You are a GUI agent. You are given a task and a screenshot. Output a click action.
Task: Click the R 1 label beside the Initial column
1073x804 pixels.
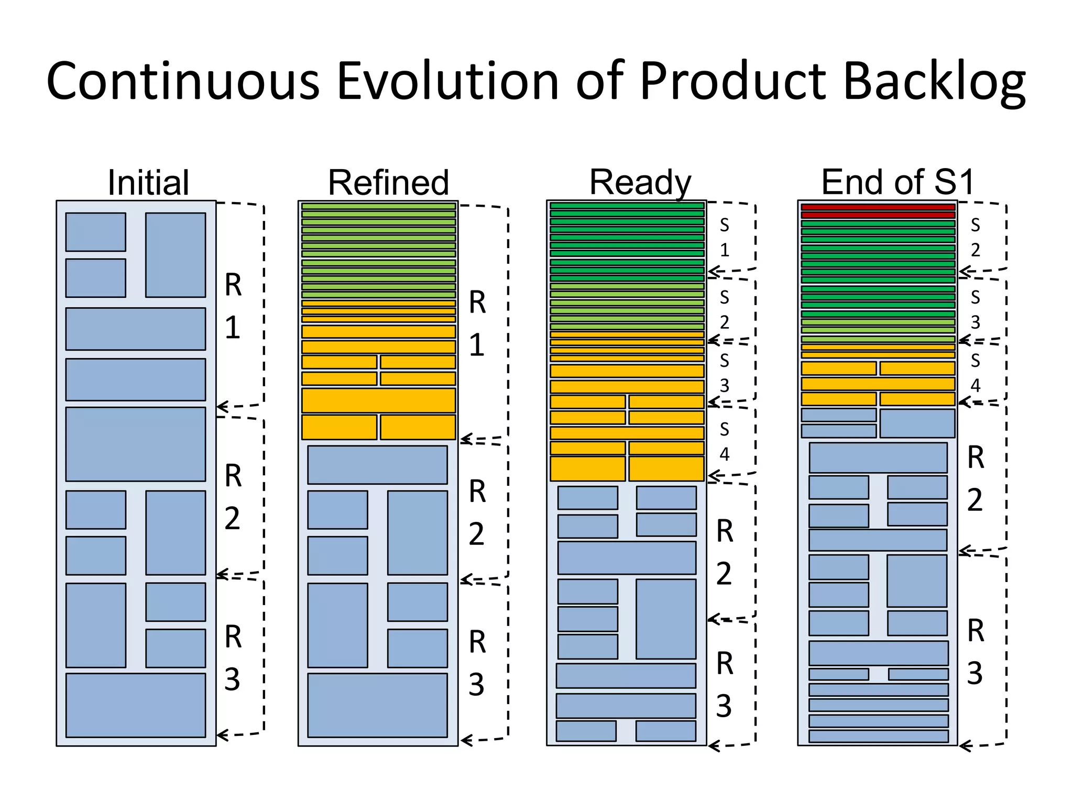pyautogui.click(x=233, y=306)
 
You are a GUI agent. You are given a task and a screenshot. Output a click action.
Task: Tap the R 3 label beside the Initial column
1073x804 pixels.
pyautogui.click(x=233, y=658)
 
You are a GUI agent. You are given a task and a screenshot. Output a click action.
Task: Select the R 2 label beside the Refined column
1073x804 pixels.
pyautogui.click(x=477, y=512)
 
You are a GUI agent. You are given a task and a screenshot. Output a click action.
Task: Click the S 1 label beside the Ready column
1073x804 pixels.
pyautogui.click(x=725, y=238)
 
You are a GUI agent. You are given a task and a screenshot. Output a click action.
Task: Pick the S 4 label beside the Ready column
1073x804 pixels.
pyautogui.click(x=725, y=441)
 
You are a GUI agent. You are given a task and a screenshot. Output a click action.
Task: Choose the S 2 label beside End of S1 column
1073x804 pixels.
pyautogui.click(x=975, y=238)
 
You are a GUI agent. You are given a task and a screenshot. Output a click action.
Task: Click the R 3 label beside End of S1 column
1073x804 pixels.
pyautogui.click(x=975, y=651)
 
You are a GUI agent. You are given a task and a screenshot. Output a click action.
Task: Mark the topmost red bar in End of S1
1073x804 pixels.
pyautogui.click(x=878, y=207)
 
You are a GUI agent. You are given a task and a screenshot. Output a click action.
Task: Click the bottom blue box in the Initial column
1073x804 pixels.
pyautogui.click(x=136, y=705)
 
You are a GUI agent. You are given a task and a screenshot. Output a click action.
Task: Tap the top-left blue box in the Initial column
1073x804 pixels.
pyautogui.click(x=96, y=232)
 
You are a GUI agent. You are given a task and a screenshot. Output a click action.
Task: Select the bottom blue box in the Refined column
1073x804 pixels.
pyautogui.click(x=377, y=705)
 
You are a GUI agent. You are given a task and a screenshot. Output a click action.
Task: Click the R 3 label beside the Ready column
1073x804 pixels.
pyautogui.click(x=725, y=684)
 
